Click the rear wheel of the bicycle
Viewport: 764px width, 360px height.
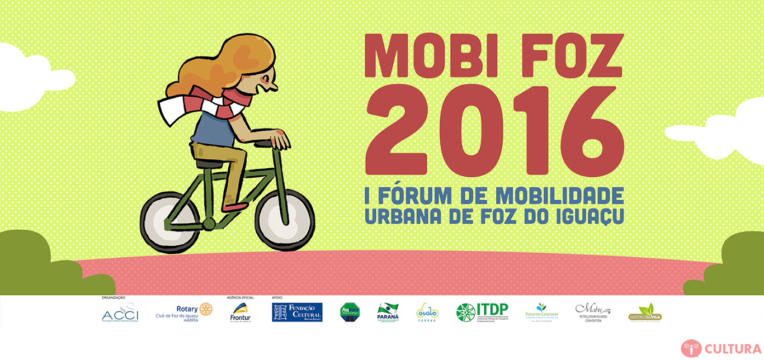tap(170, 222)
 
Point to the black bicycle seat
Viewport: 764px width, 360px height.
tap(207, 163)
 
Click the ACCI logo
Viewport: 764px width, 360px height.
tap(120, 314)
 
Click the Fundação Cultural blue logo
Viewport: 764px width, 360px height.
tap(297, 312)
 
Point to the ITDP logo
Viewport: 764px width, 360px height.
tap(482, 312)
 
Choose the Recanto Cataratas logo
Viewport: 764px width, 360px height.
tap(541, 312)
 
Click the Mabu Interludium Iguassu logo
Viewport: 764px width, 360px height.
tap(593, 312)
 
